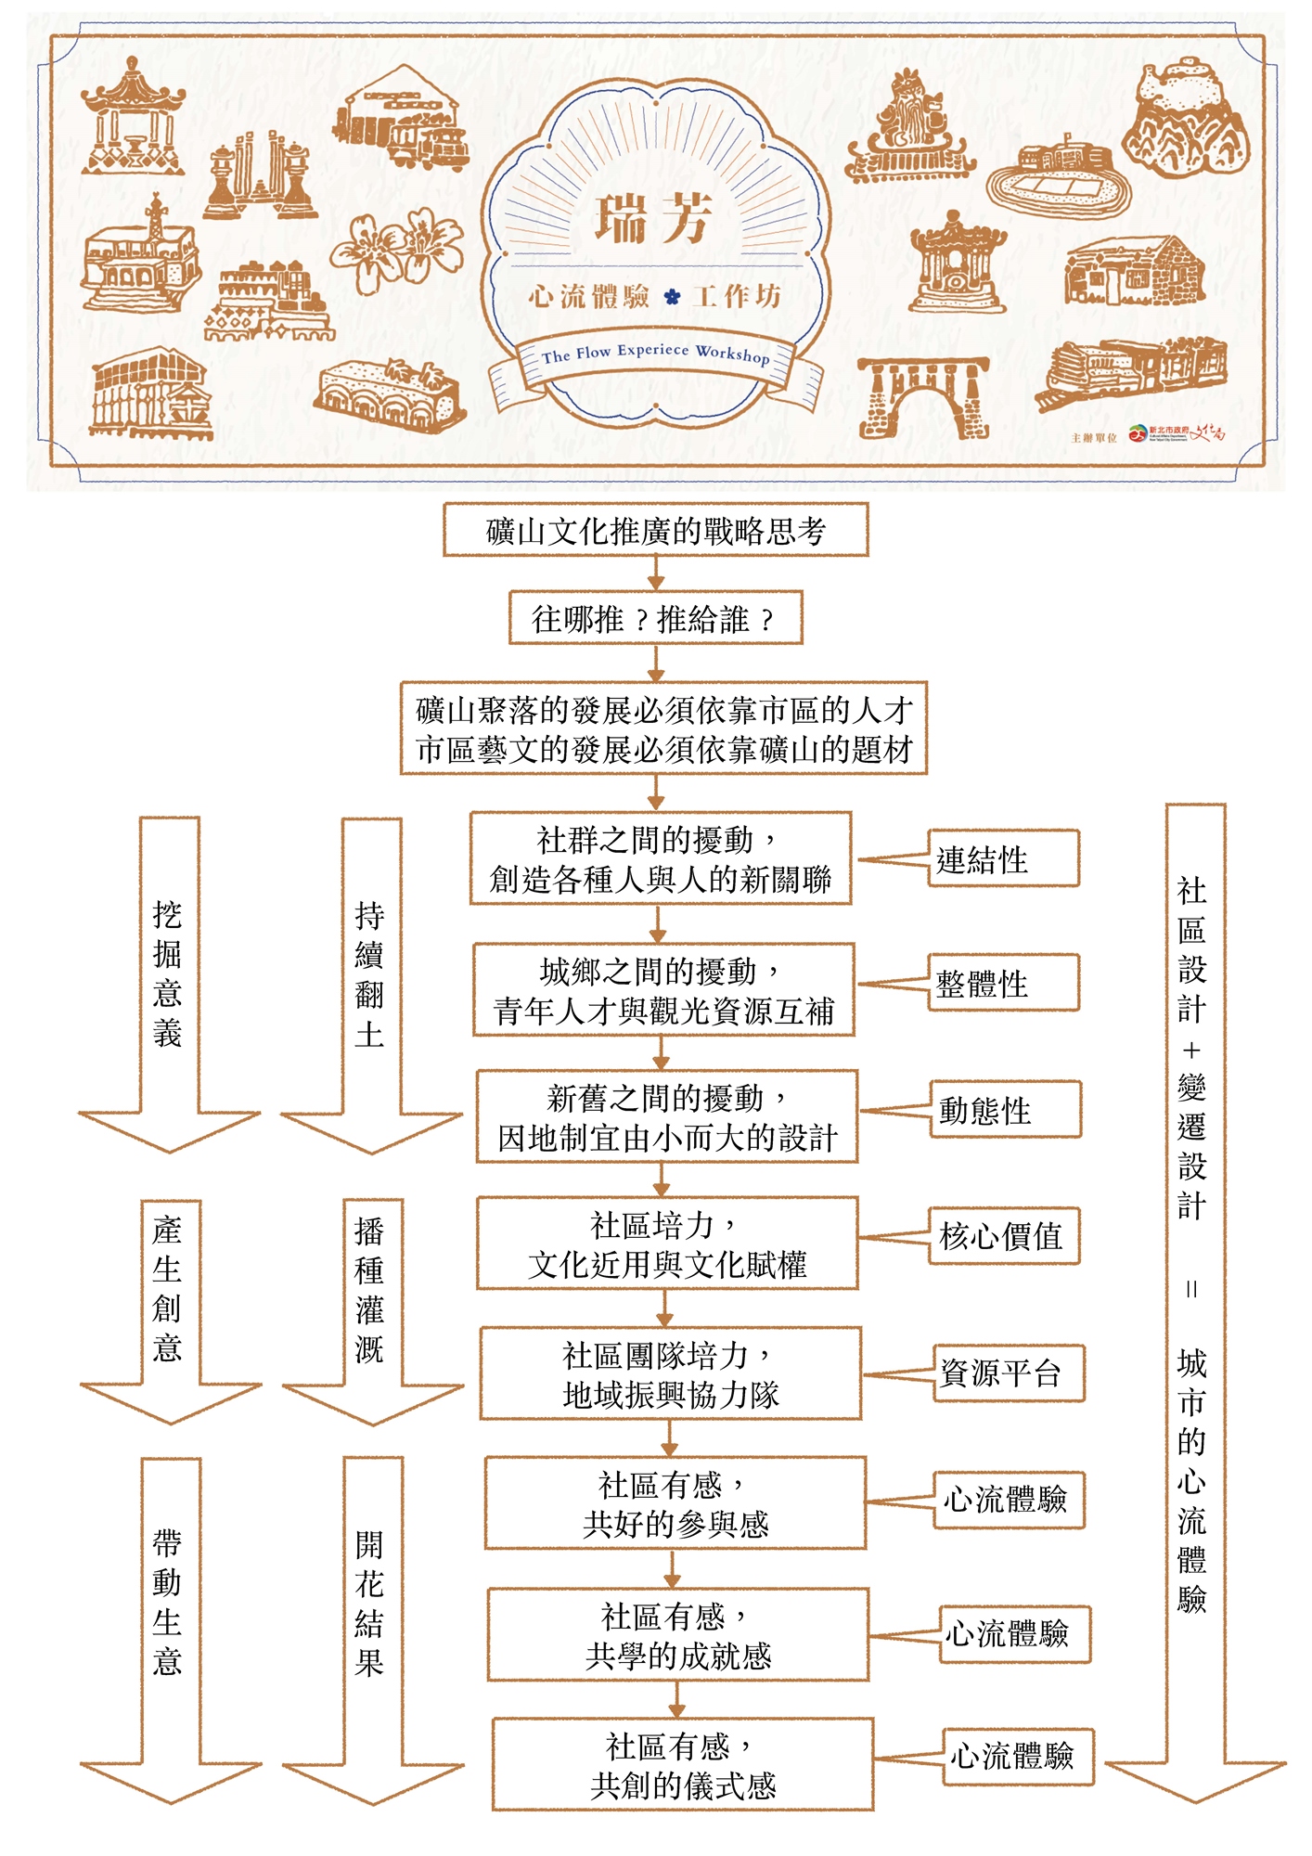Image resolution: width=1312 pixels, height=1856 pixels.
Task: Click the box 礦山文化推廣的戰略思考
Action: [655, 530]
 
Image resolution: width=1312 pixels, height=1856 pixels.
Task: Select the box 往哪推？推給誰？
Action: [655, 618]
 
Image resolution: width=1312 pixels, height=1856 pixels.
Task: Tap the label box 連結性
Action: [1003, 859]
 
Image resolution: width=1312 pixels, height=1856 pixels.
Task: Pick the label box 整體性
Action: [1003, 983]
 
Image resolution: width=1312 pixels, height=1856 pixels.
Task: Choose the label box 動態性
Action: [1005, 1109]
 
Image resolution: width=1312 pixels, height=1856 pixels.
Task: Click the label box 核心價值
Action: [1004, 1235]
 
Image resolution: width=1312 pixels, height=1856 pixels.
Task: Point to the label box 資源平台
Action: [1008, 1373]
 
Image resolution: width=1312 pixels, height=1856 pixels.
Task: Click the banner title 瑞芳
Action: [653, 219]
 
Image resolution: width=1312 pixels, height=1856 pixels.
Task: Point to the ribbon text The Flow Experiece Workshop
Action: [655, 354]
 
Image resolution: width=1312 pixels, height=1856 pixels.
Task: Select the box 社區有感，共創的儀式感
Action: [683, 1765]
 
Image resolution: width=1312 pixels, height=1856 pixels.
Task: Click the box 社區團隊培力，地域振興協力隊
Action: [670, 1374]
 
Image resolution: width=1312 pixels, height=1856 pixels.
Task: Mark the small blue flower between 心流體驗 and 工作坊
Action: [672, 297]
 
